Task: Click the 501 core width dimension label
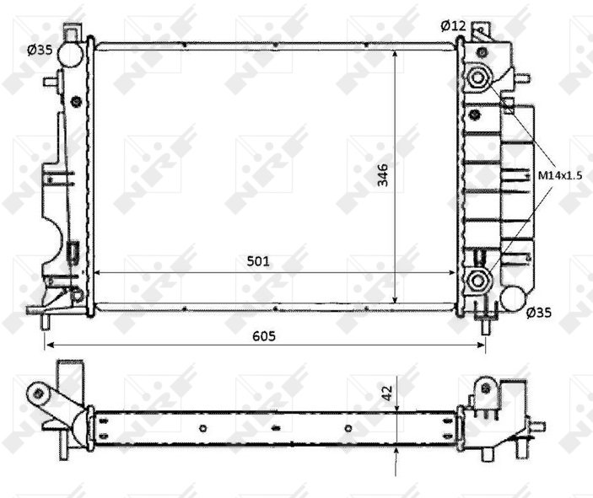(258, 261)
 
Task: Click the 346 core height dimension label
(383, 174)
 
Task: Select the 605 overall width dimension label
(264, 335)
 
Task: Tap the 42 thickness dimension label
(386, 393)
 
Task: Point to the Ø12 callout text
(453, 25)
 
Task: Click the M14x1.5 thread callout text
(560, 175)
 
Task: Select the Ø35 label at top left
(40, 50)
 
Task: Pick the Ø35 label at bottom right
(539, 313)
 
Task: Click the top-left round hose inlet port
(71, 54)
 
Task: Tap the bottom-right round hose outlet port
(513, 298)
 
